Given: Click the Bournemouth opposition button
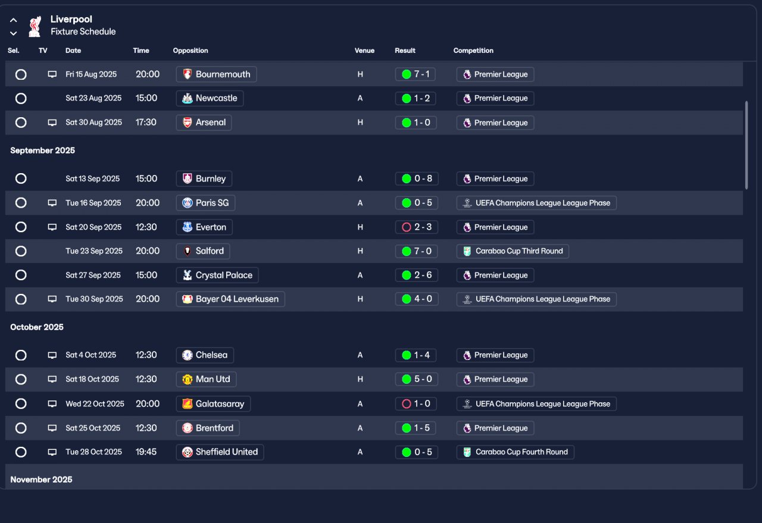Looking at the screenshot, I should coord(216,74).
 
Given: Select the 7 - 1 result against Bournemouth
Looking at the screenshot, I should coord(416,74).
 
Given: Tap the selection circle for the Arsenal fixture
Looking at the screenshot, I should coord(21,123).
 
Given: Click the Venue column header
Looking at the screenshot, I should coord(364,51).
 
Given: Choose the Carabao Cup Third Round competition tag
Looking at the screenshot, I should coord(513,251).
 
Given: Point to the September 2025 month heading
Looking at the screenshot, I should coord(43,151).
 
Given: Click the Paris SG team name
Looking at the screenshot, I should coord(212,203).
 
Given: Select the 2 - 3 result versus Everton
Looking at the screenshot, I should coord(416,227).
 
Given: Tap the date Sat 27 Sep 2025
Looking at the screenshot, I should coord(93,275).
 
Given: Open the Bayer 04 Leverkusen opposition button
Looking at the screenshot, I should coord(230,299).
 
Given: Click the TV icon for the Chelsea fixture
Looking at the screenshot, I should coord(52,355).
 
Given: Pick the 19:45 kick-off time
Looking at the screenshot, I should coord(146,452).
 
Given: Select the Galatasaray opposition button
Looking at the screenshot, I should coord(213,404).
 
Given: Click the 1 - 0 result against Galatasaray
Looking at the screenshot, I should coord(416,404).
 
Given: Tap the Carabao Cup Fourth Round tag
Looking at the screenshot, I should coord(515,452).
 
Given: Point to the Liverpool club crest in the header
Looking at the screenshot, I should coord(35,26).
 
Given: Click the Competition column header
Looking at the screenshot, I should coord(473,51).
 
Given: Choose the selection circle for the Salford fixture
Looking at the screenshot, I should coord(21,251).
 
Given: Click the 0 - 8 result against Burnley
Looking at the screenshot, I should coord(416,179).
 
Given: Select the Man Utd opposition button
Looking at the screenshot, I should coord(207,380).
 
